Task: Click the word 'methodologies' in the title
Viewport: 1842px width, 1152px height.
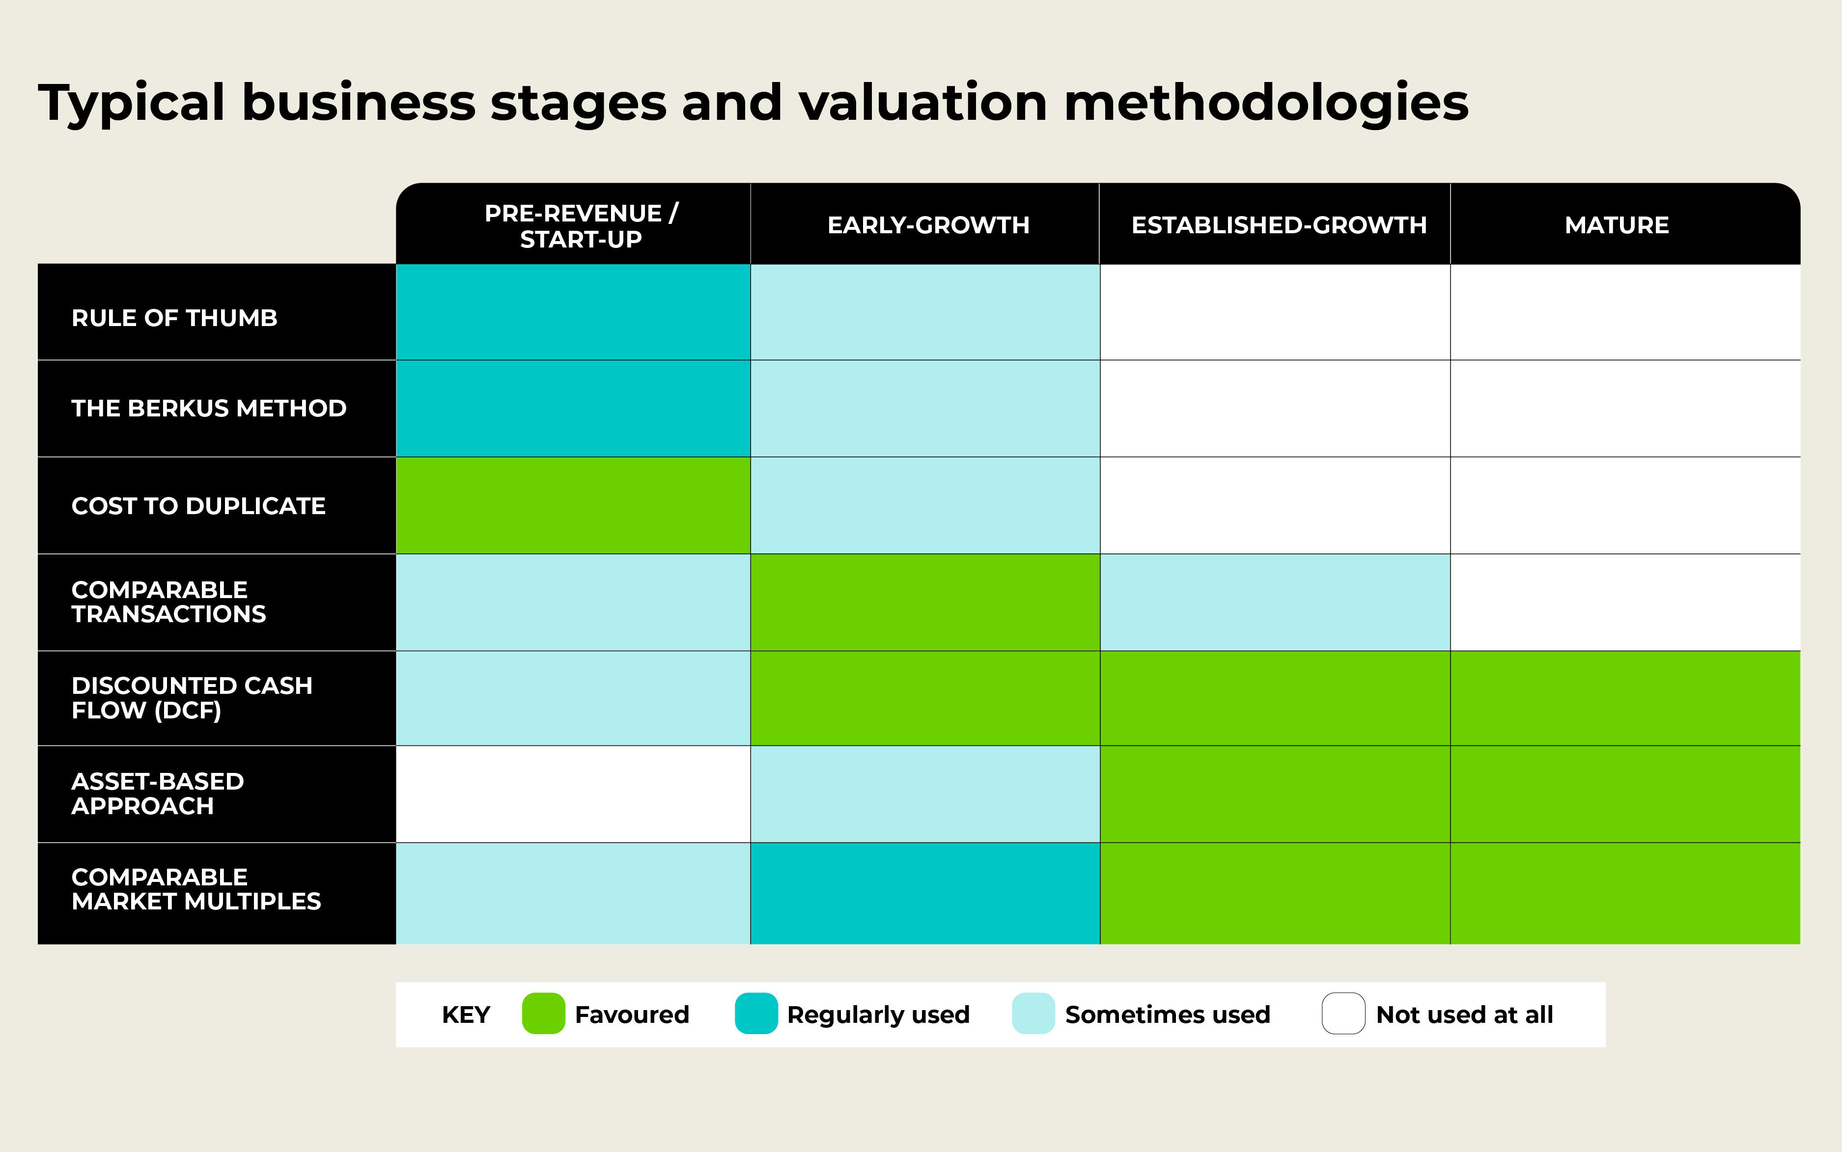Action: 1265,103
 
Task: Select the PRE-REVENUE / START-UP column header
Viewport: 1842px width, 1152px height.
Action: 581,225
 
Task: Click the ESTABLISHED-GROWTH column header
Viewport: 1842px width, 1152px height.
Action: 1278,225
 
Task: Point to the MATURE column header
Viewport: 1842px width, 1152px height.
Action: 1617,225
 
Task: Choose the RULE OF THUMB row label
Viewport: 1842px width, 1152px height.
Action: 174,318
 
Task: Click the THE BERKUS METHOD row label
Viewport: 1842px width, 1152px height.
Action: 209,409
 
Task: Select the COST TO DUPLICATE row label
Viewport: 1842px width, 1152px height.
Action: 198,506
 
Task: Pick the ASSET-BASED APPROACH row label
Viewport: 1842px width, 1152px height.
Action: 157,794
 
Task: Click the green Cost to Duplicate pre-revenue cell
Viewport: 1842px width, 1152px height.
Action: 573,505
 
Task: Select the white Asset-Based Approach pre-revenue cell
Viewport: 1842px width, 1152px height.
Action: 573,794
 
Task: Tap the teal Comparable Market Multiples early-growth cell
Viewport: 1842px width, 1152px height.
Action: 924,893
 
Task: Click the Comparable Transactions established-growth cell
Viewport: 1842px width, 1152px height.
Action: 1274,602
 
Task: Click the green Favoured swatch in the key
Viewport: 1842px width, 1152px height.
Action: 543,1014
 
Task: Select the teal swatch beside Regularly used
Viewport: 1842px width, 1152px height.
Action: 756,1014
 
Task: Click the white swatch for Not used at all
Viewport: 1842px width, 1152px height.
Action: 1343,1014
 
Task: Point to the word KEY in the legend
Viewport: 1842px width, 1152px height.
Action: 466,1015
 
